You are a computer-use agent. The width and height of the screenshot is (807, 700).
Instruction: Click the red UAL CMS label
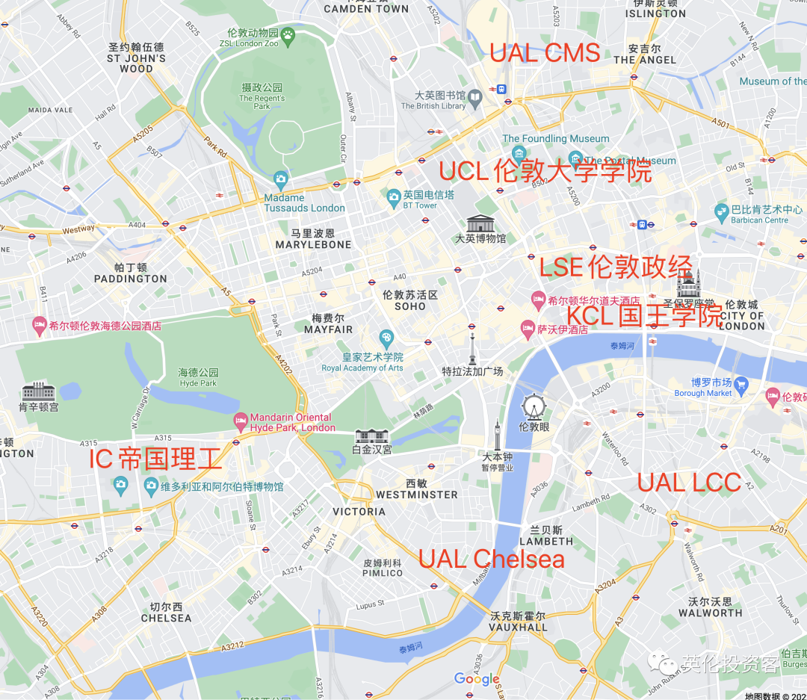click(x=545, y=52)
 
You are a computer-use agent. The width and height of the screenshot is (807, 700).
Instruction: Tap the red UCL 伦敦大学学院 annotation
click(x=545, y=172)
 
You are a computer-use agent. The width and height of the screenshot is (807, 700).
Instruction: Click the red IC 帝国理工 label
click(x=155, y=458)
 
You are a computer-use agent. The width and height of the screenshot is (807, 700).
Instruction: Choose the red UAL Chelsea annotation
click(x=491, y=559)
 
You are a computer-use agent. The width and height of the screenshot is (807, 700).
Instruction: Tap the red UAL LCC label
click(x=689, y=483)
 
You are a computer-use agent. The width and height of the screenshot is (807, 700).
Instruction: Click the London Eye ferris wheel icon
click(x=533, y=406)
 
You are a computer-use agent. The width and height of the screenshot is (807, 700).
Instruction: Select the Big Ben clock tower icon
click(x=497, y=436)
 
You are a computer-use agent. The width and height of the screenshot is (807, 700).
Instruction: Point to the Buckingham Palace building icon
click(x=371, y=436)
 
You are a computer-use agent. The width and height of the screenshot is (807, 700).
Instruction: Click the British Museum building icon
click(x=480, y=223)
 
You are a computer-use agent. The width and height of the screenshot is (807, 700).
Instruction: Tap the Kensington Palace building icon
click(x=38, y=390)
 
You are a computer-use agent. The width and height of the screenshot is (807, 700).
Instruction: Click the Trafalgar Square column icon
click(x=472, y=349)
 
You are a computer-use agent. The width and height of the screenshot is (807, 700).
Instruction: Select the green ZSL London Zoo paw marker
click(x=288, y=34)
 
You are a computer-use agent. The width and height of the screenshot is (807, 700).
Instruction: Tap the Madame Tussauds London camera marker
click(x=280, y=179)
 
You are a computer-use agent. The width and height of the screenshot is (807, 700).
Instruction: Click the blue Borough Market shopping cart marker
click(x=741, y=385)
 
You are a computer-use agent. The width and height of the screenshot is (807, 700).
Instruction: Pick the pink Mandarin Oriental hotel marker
click(x=240, y=421)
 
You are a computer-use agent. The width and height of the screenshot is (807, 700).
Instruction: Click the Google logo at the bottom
click(x=477, y=679)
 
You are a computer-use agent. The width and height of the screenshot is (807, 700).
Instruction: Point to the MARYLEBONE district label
click(x=313, y=244)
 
